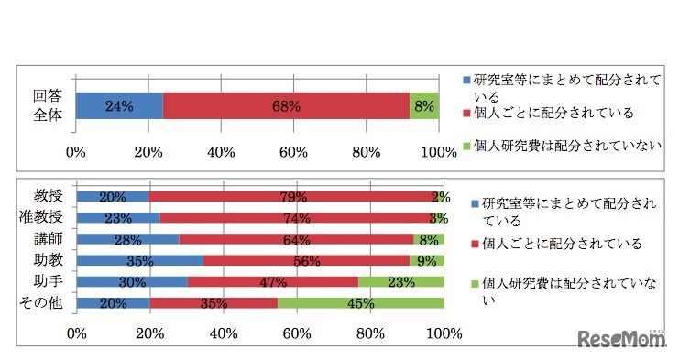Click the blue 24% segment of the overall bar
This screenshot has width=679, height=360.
click(x=119, y=106)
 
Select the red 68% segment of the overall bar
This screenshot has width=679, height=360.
click(x=286, y=106)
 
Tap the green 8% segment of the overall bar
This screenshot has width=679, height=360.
click(x=425, y=106)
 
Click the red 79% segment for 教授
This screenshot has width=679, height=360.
click(x=293, y=196)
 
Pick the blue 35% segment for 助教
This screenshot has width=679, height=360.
click(x=140, y=261)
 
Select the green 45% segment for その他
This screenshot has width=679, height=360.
click(x=361, y=304)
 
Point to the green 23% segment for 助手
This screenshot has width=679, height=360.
click(x=400, y=282)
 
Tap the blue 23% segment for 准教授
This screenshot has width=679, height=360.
click(x=118, y=218)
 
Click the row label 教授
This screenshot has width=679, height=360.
click(x=48, y=195)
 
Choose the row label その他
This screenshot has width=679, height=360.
click(x=42, y=304)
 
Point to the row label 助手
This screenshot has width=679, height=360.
click(x=48, y=282)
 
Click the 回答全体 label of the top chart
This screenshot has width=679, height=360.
click(x=47, y=105)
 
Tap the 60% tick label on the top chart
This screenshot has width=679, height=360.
click(x=293, y=152)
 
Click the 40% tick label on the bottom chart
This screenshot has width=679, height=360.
click(x=223, y=332)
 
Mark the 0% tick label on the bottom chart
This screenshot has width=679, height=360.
click(x=76, y=332)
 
